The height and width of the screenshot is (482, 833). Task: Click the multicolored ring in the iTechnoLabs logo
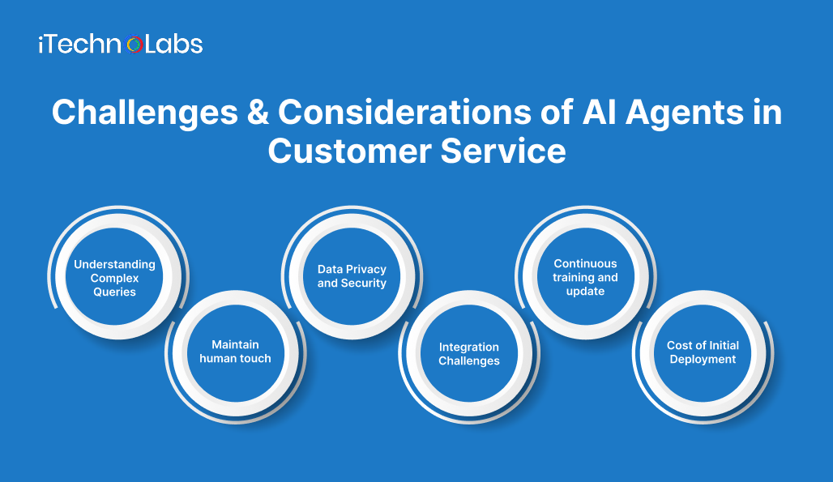135,45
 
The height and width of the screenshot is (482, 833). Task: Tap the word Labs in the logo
174,44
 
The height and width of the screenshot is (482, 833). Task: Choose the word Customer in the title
351,151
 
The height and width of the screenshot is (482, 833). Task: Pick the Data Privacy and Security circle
352,276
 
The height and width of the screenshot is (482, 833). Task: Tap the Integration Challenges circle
469,354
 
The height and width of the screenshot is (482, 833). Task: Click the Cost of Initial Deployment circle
703,352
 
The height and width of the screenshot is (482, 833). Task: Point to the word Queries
114,292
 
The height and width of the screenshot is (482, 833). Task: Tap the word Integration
469,347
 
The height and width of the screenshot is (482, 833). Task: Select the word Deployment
703,360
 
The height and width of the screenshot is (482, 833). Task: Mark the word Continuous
585,263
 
